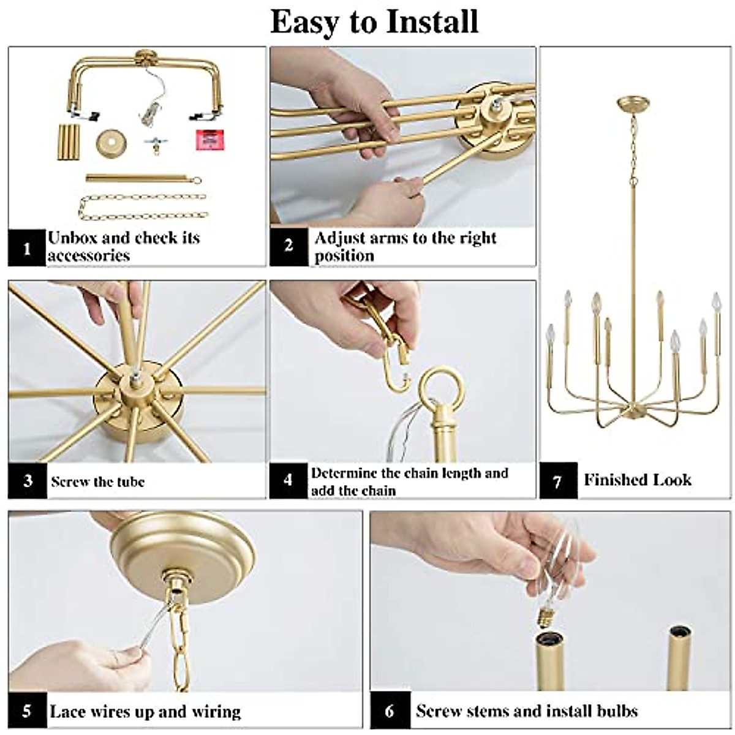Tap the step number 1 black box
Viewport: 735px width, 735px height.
click(27, 248)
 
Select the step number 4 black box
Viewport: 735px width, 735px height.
click(288, 481)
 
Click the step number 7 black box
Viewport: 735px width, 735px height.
click(557, 481)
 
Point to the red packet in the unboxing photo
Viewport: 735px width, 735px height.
click(208, 140)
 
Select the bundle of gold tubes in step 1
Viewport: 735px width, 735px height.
click(69, 142)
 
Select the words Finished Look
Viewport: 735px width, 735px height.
click(637, 480)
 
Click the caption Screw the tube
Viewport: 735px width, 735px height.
click(98, 481)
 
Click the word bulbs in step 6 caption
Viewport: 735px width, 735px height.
click(615, 711)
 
